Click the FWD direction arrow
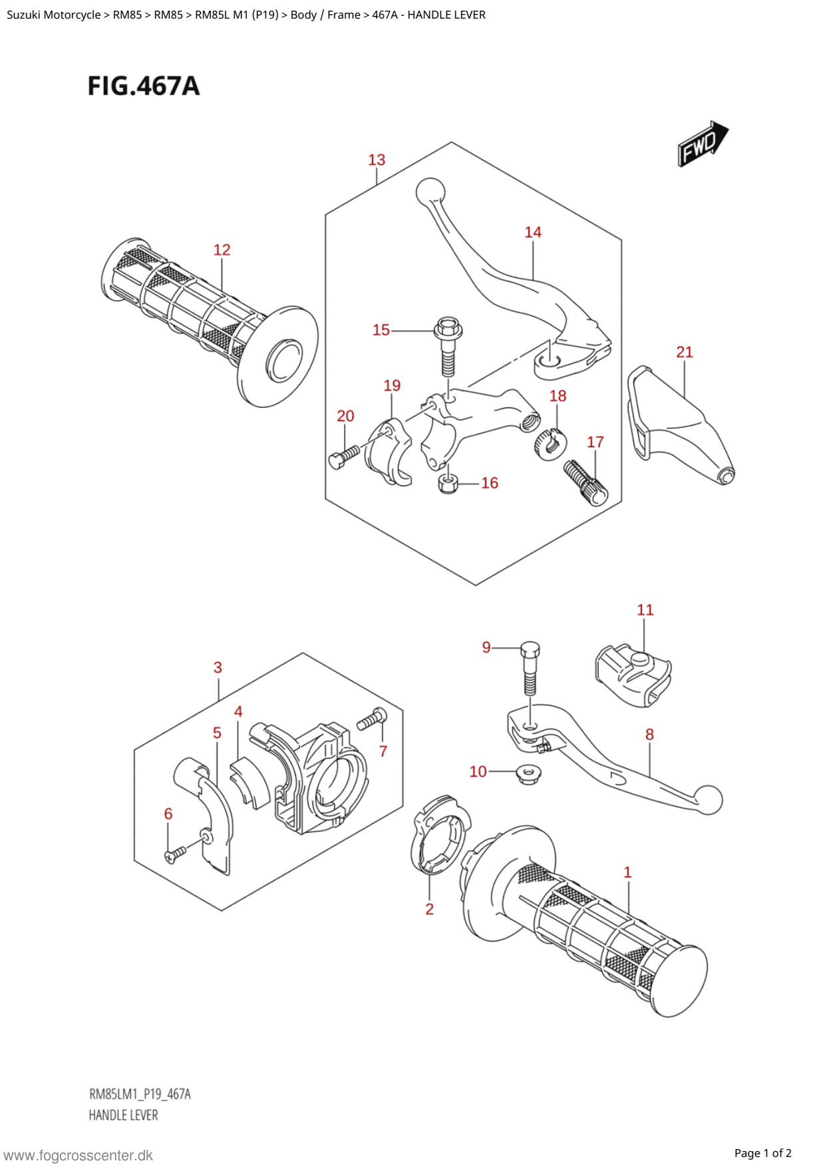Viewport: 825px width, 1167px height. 703,144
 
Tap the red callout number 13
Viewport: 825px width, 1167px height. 377,160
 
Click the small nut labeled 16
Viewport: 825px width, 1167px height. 448,483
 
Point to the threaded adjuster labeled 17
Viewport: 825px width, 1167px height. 585,483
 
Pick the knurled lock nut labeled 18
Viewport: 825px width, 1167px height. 550,444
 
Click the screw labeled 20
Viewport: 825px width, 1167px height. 344,457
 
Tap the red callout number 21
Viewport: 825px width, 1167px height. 685,352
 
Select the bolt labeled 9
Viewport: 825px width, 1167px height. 530,667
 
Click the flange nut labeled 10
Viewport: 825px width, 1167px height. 529,774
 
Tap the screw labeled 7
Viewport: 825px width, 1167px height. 372,720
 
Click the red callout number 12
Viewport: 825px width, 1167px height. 222,250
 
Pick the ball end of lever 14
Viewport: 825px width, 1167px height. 430,192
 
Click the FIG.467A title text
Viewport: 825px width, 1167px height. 144,86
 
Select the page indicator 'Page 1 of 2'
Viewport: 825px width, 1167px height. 763,1153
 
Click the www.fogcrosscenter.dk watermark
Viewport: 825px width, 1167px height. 79,1156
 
